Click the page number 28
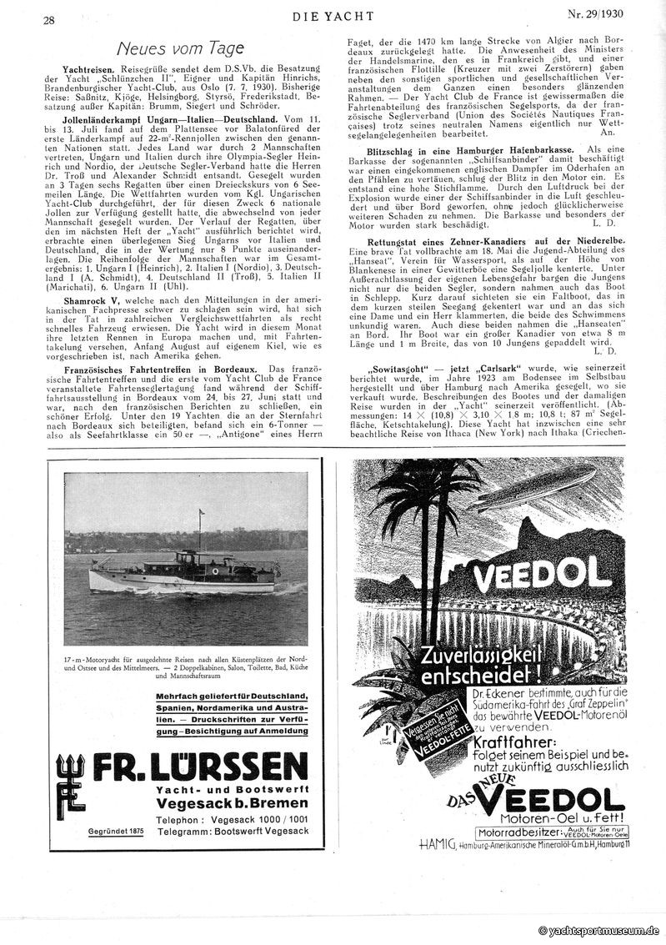[49, 19]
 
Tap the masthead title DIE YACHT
[332, 16]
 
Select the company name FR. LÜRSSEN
[200, 766]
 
